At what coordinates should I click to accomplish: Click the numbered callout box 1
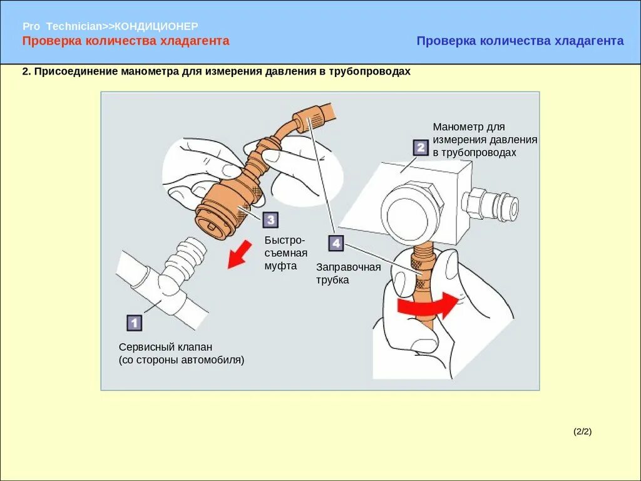(134, 323)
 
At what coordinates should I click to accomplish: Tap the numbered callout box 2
(420, 148)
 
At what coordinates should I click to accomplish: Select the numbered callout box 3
(270, 220)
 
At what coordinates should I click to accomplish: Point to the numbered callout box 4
(336, 243)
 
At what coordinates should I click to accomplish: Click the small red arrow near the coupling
(238, 255)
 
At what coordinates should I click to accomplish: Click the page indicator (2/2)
(582, 431)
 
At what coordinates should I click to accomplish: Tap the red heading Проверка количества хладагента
(126, 41)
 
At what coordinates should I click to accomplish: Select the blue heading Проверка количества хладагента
(520, 41)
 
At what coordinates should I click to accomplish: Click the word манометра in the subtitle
(150, 71)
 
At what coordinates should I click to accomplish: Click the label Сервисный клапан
(166, 347)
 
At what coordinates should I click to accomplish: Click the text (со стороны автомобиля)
(182, 360)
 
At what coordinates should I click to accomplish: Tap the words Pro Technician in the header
(62, 26)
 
